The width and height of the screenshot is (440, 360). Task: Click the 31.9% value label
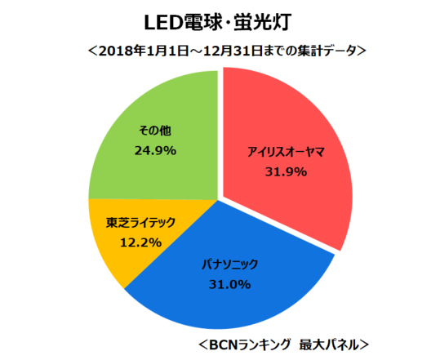tap(286, 171)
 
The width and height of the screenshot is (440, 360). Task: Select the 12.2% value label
tap(134, 242)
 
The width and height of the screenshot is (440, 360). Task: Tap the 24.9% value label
tap(154, 150)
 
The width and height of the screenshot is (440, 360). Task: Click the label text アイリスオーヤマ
tap(286, 153)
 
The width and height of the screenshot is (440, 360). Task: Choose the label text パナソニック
tap(229, 264)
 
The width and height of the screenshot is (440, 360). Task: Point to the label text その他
tap(154, 131)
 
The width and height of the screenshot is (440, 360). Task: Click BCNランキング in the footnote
tap(251, 342)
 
